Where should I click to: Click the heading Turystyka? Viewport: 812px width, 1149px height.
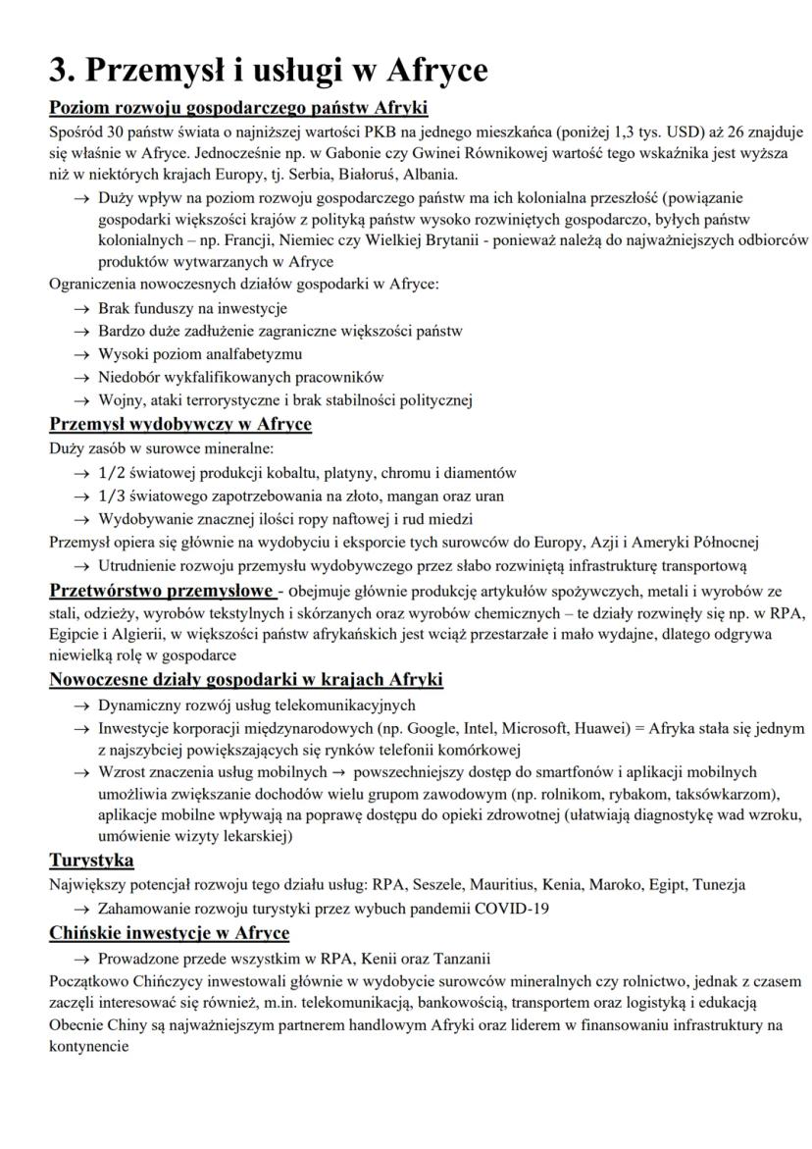[x=91, y=861]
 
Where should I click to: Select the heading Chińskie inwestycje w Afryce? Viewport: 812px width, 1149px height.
[x=169, y=933]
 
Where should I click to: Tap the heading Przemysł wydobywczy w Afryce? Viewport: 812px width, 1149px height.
[x=180, y=424]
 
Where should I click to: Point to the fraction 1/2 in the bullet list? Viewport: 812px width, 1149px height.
[x=113, y=472]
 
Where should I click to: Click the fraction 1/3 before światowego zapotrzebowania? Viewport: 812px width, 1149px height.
[x=113, y=496]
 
